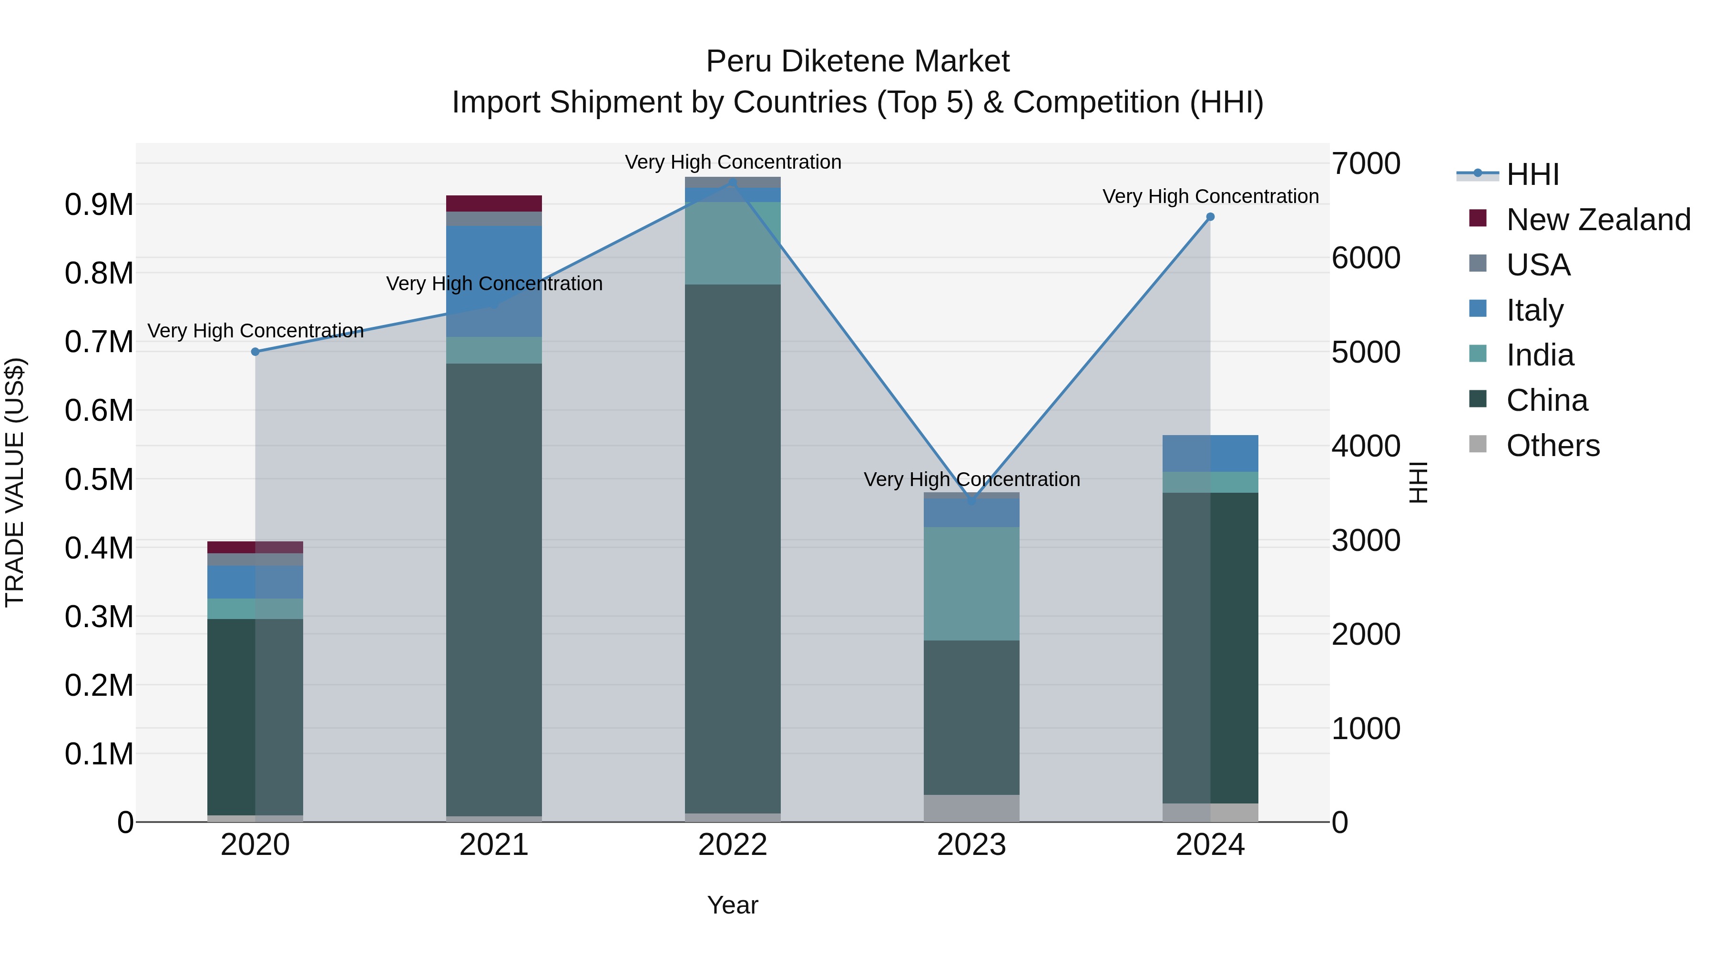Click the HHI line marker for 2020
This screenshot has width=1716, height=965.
(255, 352)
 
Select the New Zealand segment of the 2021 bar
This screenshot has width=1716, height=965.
(494, 203)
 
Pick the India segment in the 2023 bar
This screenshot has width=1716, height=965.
(971, 583)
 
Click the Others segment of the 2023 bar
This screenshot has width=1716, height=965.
(971, 808)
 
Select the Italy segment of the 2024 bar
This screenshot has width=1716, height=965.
(1210, 454)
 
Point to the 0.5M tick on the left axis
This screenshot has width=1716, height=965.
(99, 479)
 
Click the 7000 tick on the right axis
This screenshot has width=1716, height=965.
(1366, 164)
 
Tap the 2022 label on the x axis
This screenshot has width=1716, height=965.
(733, 845)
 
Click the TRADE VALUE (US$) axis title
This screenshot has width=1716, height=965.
(15, 482)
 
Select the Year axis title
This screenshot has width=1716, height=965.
(733, 905)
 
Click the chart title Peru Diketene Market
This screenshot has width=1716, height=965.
(858, 61)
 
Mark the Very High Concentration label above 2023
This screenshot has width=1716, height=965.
(971, 479)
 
